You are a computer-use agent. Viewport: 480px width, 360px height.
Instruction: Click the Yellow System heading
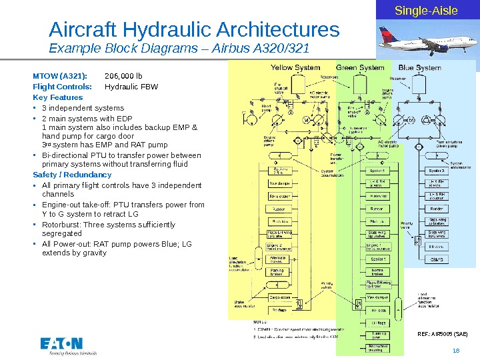coord(295,67)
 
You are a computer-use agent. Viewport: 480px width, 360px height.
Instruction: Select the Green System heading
coord(359,67)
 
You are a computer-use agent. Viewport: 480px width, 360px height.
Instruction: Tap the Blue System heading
coord(420,67)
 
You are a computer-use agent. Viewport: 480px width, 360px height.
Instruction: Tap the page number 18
coord(456,351)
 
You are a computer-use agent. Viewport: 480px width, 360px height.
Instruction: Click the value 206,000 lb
coord(119,75)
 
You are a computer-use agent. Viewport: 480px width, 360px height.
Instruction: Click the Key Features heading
coord(58,97)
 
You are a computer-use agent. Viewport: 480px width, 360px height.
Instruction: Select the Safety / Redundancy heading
coord(72,175)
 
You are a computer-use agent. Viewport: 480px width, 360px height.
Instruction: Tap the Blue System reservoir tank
coord(420,84)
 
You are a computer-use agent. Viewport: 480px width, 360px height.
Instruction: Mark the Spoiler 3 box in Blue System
coord(437,171)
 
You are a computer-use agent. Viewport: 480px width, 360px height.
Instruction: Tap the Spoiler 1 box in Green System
coord(377,259)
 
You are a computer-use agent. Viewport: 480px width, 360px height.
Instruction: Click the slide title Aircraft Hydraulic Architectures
coord(195,30)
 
